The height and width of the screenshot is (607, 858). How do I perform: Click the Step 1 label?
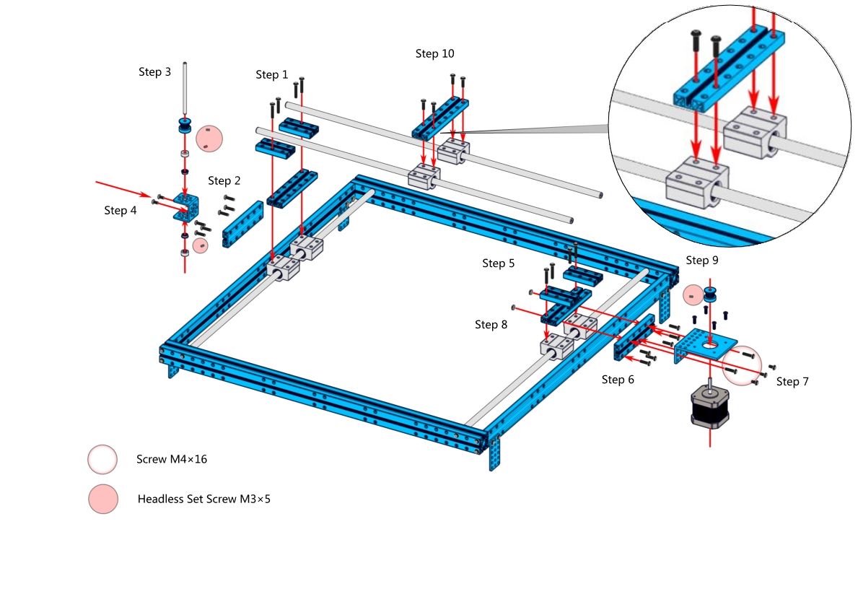tap(271, 75)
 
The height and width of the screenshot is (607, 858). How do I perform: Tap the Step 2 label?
tap(224, 180)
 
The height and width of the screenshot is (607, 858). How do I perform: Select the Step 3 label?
tap(154, 72)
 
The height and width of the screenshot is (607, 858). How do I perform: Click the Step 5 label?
tap(498, 263)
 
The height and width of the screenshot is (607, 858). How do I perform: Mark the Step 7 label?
tap(792, 382)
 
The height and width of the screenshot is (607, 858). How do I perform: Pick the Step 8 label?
tap(491, 325)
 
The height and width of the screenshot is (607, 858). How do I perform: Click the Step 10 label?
tap(435, 53)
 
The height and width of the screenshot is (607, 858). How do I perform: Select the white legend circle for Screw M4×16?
tap(102, 459)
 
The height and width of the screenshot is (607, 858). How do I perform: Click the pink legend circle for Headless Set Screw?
tap(102, 499)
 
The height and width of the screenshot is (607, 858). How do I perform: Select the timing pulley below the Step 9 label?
tap(712, 295)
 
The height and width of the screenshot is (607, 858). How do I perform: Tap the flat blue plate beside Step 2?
tap(242, 224)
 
